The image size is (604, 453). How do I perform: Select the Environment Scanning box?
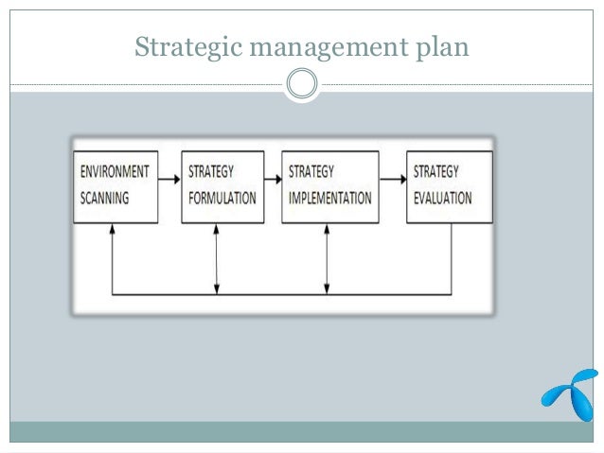click(112, 186)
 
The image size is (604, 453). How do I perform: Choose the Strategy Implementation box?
click(328, 186)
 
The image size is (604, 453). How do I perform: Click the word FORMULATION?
click(222, 200)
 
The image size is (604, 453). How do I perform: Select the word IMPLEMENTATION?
click(330, 200)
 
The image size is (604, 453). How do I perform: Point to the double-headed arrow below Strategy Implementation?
click(327, 258)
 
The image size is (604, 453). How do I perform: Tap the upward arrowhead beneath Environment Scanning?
click(113, 229)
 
